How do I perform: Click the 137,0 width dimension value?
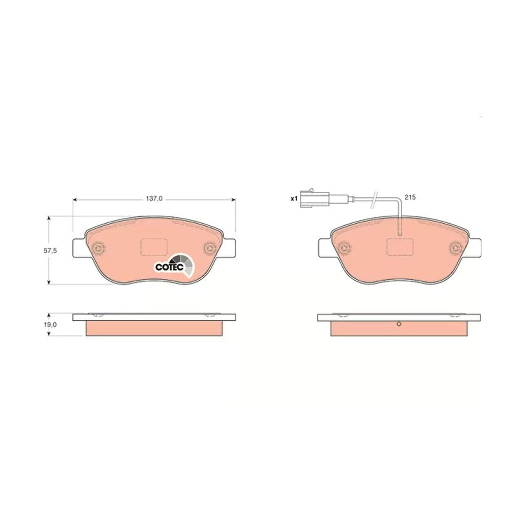pyautogui.click(x=154, y=198)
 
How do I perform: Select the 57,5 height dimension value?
pyautogui.click(x=50, y=250)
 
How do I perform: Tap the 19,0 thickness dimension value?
pyautogui.click(x=50, y=324)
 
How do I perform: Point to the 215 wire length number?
pyautogui.click(x=410, y=197)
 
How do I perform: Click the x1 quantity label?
pyautogui.click(x=293, y=199)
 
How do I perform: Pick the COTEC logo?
pyautogui.click(x=174, y=266)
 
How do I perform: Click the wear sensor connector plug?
pyautogui.click(x=314, y=198)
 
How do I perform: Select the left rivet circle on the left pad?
pyautogui.click(x=98, y=248)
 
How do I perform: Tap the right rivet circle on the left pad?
pyautogui.click(x=211, y=248)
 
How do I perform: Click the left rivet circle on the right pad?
pyautogui.click(x=343, y=248)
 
